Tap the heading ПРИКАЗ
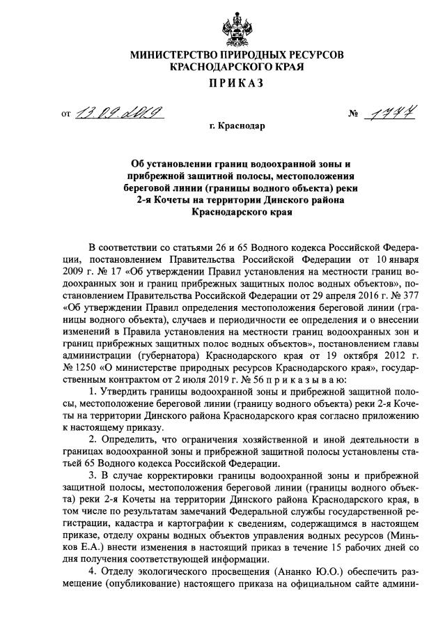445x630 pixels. (x=222, y=84)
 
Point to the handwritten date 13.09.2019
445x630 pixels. (x=120, y=111)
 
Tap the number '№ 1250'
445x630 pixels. (x=79, y=367)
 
